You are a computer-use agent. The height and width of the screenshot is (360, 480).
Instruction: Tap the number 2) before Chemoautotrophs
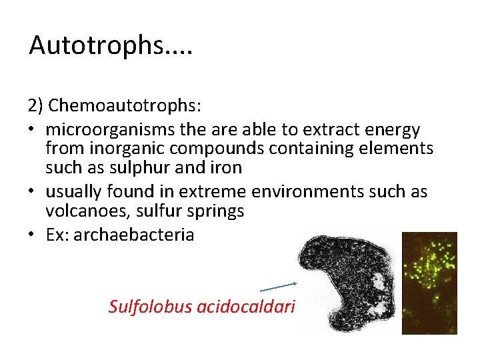click(37, 106)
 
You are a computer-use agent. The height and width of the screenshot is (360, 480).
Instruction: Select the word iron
click(227, 167)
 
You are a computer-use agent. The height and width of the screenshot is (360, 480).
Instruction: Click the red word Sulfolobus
click(151, 307)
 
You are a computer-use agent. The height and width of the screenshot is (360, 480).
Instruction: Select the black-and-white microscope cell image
click(346, 283)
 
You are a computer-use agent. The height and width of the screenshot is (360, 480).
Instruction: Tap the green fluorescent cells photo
click(429, 283)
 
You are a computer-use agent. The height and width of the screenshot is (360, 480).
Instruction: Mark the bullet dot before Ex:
click(33, 235)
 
